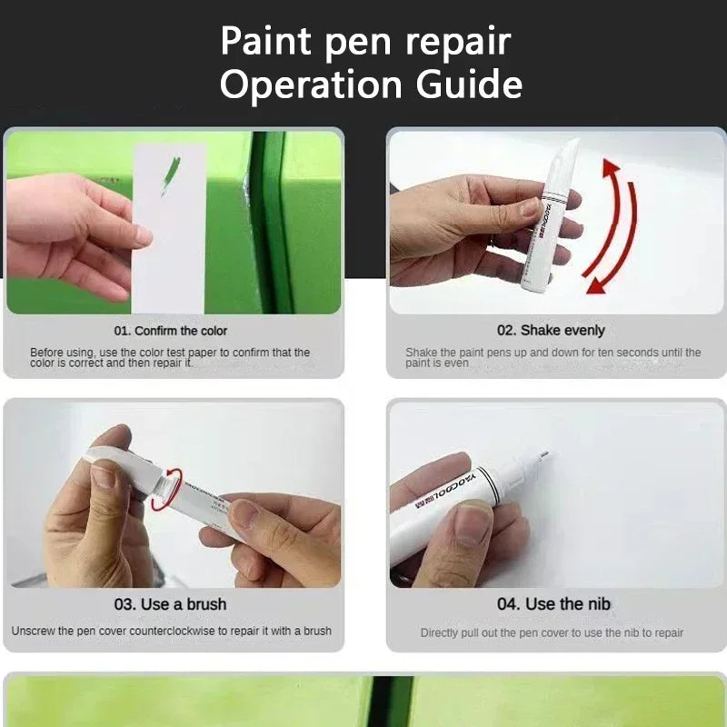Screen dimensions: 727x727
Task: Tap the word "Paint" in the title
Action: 264,41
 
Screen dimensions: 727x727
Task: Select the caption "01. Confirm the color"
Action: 171,331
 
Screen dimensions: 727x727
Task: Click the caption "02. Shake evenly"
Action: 551,331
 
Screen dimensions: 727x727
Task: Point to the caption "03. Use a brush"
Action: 171,603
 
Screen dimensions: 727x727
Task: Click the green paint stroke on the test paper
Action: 170,175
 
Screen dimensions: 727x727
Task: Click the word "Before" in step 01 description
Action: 46,353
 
